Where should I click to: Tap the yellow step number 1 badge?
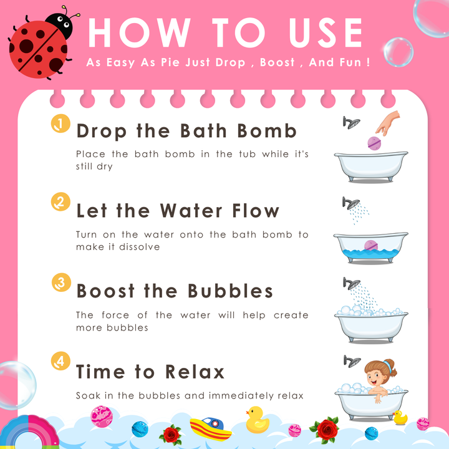pyautogui.click(x=60, y=123)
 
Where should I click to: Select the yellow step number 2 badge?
pyautogui.click(x=60, y=201)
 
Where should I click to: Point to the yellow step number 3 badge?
pyautogui.click(x=61, y=282)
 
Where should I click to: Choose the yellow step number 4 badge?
pyautogui.click(x=60, y=361)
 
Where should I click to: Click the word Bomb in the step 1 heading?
pyautogui.click(x=267, y=131)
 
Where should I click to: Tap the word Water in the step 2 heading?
pyautogui.click(x=191, y=211)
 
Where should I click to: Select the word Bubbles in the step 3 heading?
pyautogui.click(x=230, y=291)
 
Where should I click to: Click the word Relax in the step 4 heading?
pyautogui.click(x=195, y=372)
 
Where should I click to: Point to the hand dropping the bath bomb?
pyautogui.click(x=388, y=123)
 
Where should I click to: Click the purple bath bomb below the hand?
pyautogui.click(x=374, y=143)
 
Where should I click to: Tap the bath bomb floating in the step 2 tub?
pyautogui.click(x=371, y=246)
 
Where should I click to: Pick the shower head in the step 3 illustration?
pyautogui.click(x=352, y=284)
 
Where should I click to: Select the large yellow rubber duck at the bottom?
pyautogui.click(x=257, y=420)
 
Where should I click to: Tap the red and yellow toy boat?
pyautogui.click(x=211, y=428)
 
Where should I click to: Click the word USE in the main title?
pyautogui.click(x=326, y=32)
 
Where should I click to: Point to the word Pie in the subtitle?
pyautogui.click(x=171, y=62)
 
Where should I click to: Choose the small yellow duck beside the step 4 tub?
pyautogui.click(x=400, y=417)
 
